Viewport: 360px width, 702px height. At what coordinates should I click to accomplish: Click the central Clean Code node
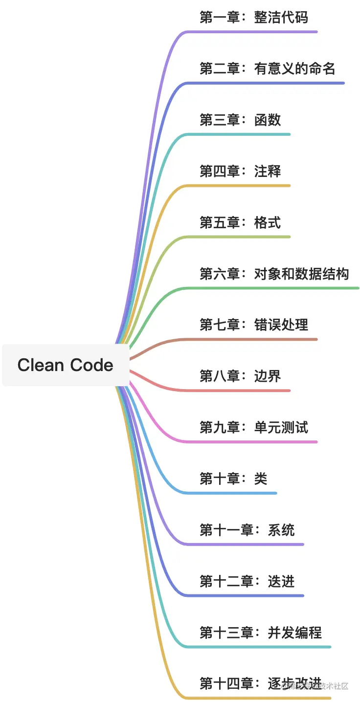pyautogui.click(x=66, y=365)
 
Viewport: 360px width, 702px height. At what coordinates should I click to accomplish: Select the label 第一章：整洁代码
pyautogui.click(x=253, y=18)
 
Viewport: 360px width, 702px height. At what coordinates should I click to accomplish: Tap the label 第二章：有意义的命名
pyautogui.click(x=267, y=69)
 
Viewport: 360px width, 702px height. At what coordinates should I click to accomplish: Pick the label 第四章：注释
pyautogui.click(x=240, y=172)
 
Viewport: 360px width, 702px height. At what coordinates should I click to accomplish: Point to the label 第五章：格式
pyautogui.click(x=240, y=223)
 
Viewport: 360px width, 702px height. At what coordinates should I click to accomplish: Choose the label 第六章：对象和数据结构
pyautogui.click(x=274, y=274)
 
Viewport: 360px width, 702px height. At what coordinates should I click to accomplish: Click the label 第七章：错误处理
pyautogui.click(x=253, y=325)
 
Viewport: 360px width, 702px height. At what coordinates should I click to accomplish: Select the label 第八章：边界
pyautogui.click(x=240, y=376)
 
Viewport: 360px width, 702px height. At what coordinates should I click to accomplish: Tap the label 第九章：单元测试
pyautogui.click(x=253, y=428)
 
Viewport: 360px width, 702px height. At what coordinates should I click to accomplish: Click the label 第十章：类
pyautogui.click(x=233, y=479)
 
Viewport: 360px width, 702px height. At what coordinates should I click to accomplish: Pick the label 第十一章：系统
pyautogui.click(x=247, y=530)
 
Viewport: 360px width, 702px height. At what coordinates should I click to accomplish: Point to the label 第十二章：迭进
pyautogui.click(x=247, y=582)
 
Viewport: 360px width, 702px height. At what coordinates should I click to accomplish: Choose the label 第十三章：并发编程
pyautogui.click(x=260, y=633)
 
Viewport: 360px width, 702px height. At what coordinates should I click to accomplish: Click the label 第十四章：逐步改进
pyautogui.click(x=260, y=683)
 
